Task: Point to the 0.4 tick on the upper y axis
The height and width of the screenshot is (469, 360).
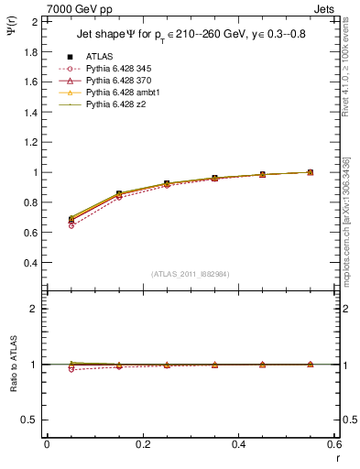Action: click(30, 263)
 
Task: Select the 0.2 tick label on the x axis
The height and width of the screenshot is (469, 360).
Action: click(143, 443)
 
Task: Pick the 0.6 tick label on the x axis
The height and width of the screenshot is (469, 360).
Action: click(334, 443)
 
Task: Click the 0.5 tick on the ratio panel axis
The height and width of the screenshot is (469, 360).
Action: click(30, 420)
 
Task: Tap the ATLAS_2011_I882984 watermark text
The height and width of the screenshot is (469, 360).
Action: click(190, 274)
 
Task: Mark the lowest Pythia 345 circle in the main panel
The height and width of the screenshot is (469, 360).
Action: click(71, 225)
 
